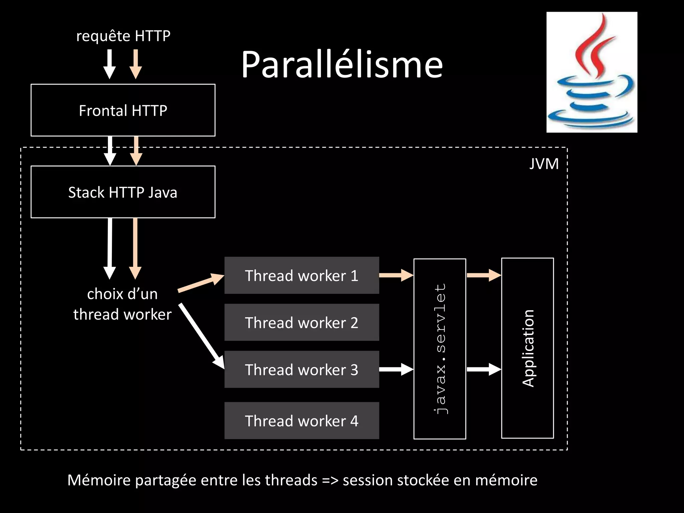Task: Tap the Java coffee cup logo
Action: point(591,72)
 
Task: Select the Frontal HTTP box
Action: point(123,110)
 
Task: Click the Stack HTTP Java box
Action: point(123,192)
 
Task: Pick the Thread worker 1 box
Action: point(302,276)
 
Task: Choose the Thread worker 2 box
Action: point(302,322)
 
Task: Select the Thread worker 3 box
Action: point(302,369)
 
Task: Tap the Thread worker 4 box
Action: point(302,420)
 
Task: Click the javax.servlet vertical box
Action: point(440,349)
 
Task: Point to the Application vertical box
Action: point(527,348)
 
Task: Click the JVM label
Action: point(544,164)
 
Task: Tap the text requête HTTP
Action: point(123,36)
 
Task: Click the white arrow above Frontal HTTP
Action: point(110,64)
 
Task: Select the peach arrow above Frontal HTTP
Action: point(136,64)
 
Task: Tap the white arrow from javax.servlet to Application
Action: point(483,369)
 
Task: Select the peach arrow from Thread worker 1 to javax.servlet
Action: point(396,275)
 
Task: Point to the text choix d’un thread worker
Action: point(122,304)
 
